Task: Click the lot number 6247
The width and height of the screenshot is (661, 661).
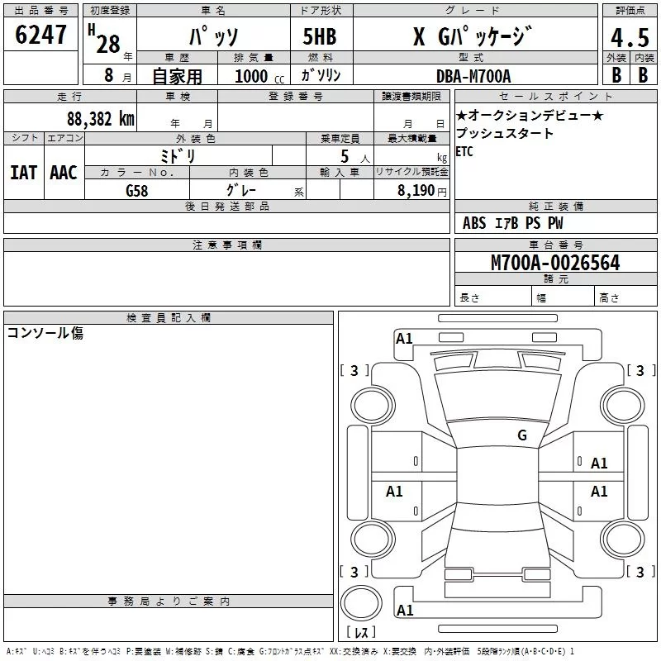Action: click(40, 35)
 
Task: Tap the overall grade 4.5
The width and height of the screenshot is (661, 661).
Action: click(630, 37)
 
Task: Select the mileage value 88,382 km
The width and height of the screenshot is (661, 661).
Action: click(100, 119)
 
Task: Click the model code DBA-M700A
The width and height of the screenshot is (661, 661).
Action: click(473, 76)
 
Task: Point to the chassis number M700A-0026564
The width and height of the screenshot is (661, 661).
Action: click(555, 263)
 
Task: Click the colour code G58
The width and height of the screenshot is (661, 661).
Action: click(136, 191)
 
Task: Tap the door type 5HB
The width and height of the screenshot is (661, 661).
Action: click(320, 36)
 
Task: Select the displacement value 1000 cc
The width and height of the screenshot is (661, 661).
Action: click(259, 76)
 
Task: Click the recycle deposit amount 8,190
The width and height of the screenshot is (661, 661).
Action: click(416, 191)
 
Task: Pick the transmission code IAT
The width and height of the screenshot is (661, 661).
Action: click(23, 173)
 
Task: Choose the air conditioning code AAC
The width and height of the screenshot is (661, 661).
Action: click(64, 173)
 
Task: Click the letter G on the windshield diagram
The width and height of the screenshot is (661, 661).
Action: click(522, 435)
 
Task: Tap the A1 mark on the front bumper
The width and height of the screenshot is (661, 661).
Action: click(404, 339)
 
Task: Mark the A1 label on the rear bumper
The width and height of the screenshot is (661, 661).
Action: click(405, 610)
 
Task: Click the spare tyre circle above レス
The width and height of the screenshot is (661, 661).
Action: click(361, 602)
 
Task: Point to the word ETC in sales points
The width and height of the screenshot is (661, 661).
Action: click(464, 151)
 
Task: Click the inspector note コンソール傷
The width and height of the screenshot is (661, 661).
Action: click(45, 333)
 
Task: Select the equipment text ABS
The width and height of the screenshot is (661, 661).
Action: click(473, 223)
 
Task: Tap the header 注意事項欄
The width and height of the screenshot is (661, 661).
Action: click(227, 245)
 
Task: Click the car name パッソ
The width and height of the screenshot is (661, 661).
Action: click(214, 36)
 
